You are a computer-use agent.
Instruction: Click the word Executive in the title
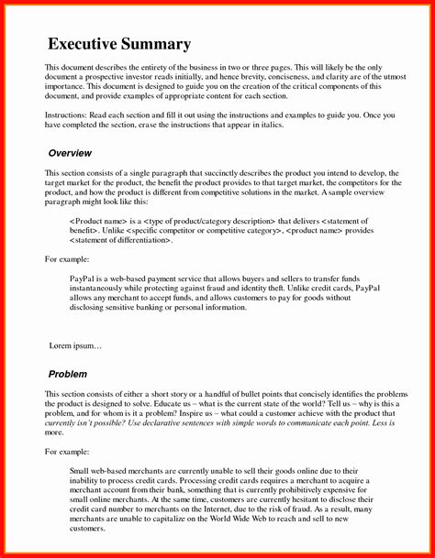pos(87,44)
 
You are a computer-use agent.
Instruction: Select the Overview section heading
pos(70,152)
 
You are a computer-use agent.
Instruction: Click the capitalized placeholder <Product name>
pos(98,221)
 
